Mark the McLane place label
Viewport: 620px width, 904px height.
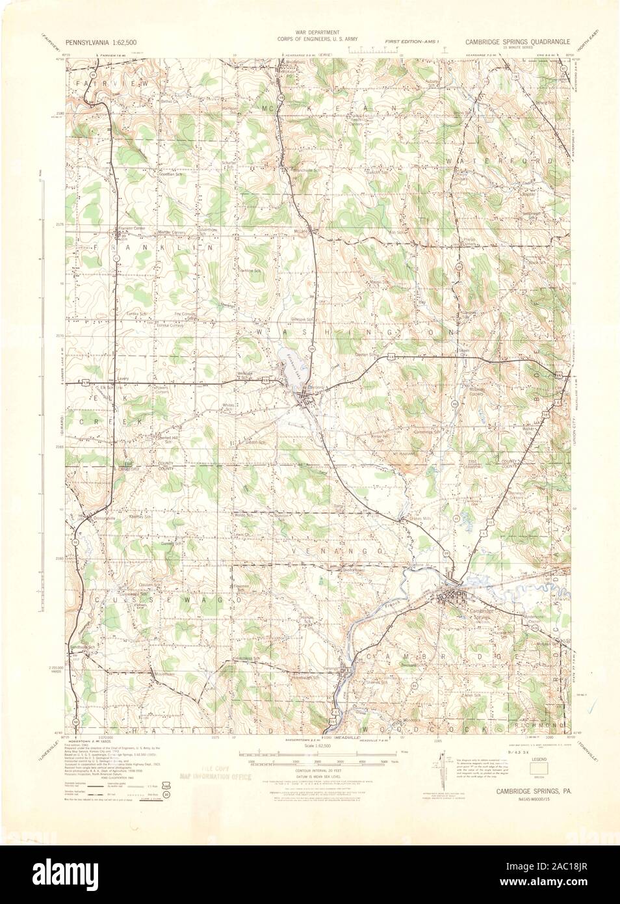pos(300,231)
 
